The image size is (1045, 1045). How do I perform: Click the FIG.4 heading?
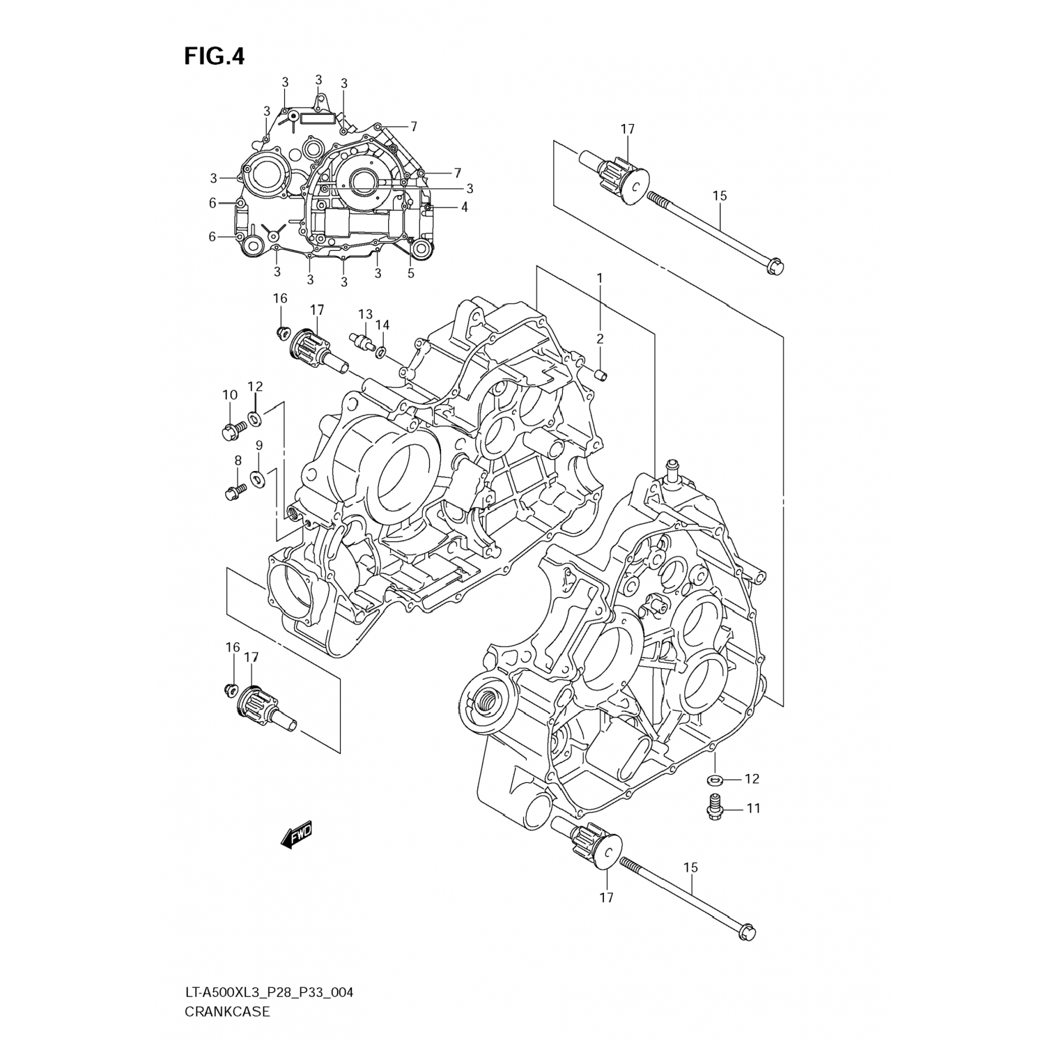tap(215, 56)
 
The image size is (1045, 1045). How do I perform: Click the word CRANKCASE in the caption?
tap(226, 1012)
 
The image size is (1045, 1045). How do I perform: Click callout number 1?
tap(599, 278)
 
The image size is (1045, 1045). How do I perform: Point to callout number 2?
tap(599, 339)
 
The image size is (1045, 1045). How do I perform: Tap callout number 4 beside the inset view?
tap(464, 207)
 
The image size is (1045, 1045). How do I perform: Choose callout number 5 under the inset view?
tap(411, 273)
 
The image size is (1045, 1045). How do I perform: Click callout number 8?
tap(237, 460)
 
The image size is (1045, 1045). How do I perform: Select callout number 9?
tap(259, 444)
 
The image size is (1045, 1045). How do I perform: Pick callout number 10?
tap(230, 395)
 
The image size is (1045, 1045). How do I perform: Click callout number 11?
tap(753, 808)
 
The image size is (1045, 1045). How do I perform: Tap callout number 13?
tap(366, 314)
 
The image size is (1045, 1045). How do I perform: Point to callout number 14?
tap(382, 325)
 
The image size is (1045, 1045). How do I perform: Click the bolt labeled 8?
tap(233, 493)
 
